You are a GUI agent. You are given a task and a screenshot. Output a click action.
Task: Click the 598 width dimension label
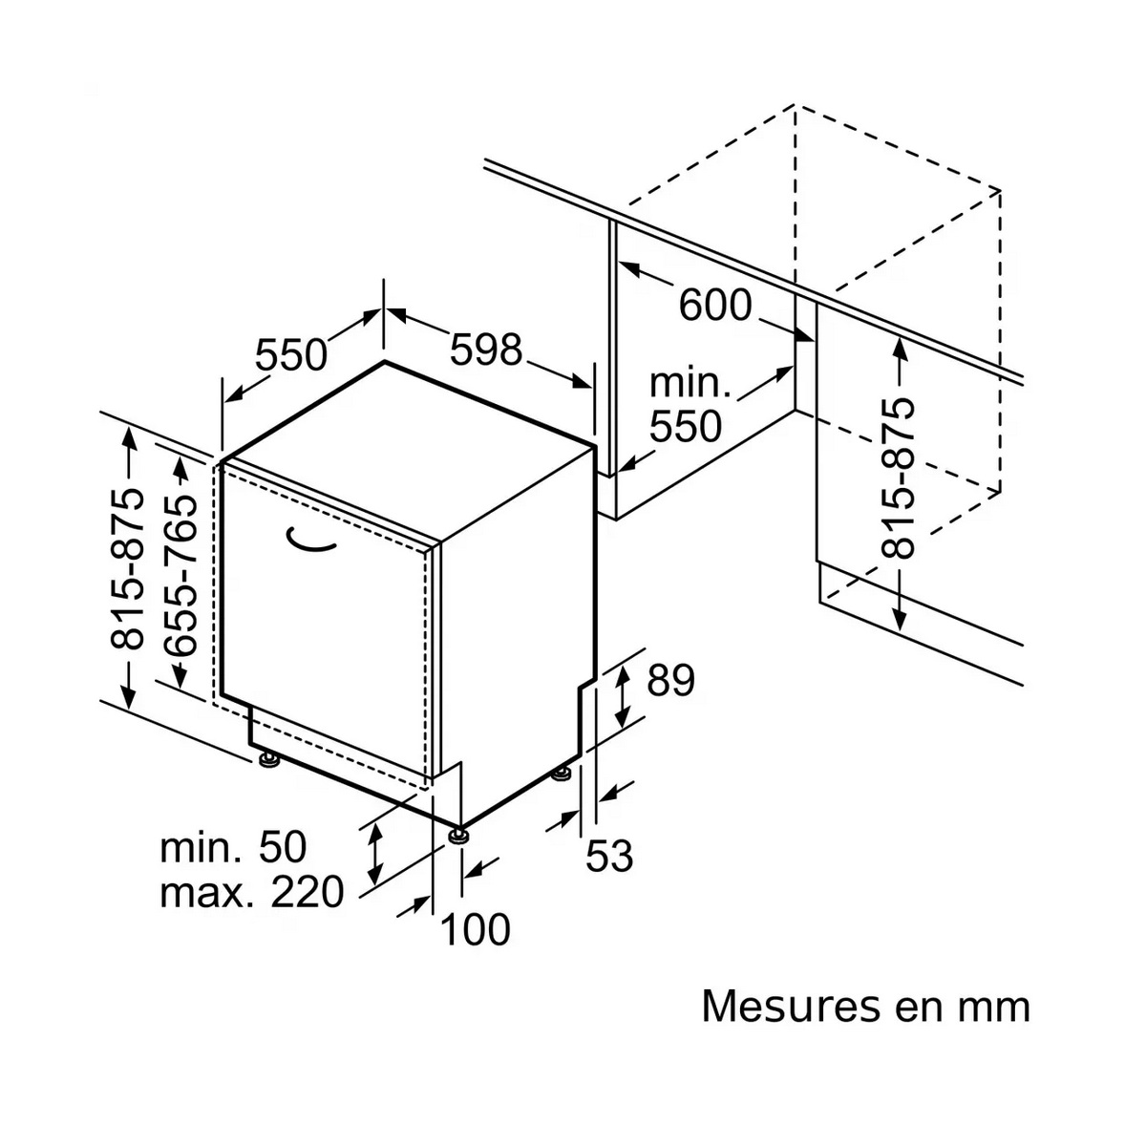pyautogui.click(x=485, y=350)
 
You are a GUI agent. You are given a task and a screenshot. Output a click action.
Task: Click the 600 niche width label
pyautogui.click(x=715, y=306)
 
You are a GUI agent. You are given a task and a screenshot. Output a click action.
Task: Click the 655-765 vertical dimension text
pyautogui.click(x=181, y=576)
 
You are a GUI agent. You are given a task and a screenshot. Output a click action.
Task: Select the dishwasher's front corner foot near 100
pyautogui.click(x=460, y=835)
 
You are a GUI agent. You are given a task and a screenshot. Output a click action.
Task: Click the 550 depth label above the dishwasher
pyautogui.click(x=291, y=355)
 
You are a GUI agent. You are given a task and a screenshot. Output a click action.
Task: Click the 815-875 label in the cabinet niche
pyautogui.click(x=897, y=478)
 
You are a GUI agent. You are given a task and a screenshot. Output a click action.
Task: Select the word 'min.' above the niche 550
pyautogui.click(x=690, y=384)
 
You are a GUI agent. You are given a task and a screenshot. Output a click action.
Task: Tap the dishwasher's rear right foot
pyautogui.click(x=561, y=775)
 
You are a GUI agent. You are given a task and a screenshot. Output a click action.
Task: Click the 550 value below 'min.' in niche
pyautogui.click(x=686, y=426)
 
